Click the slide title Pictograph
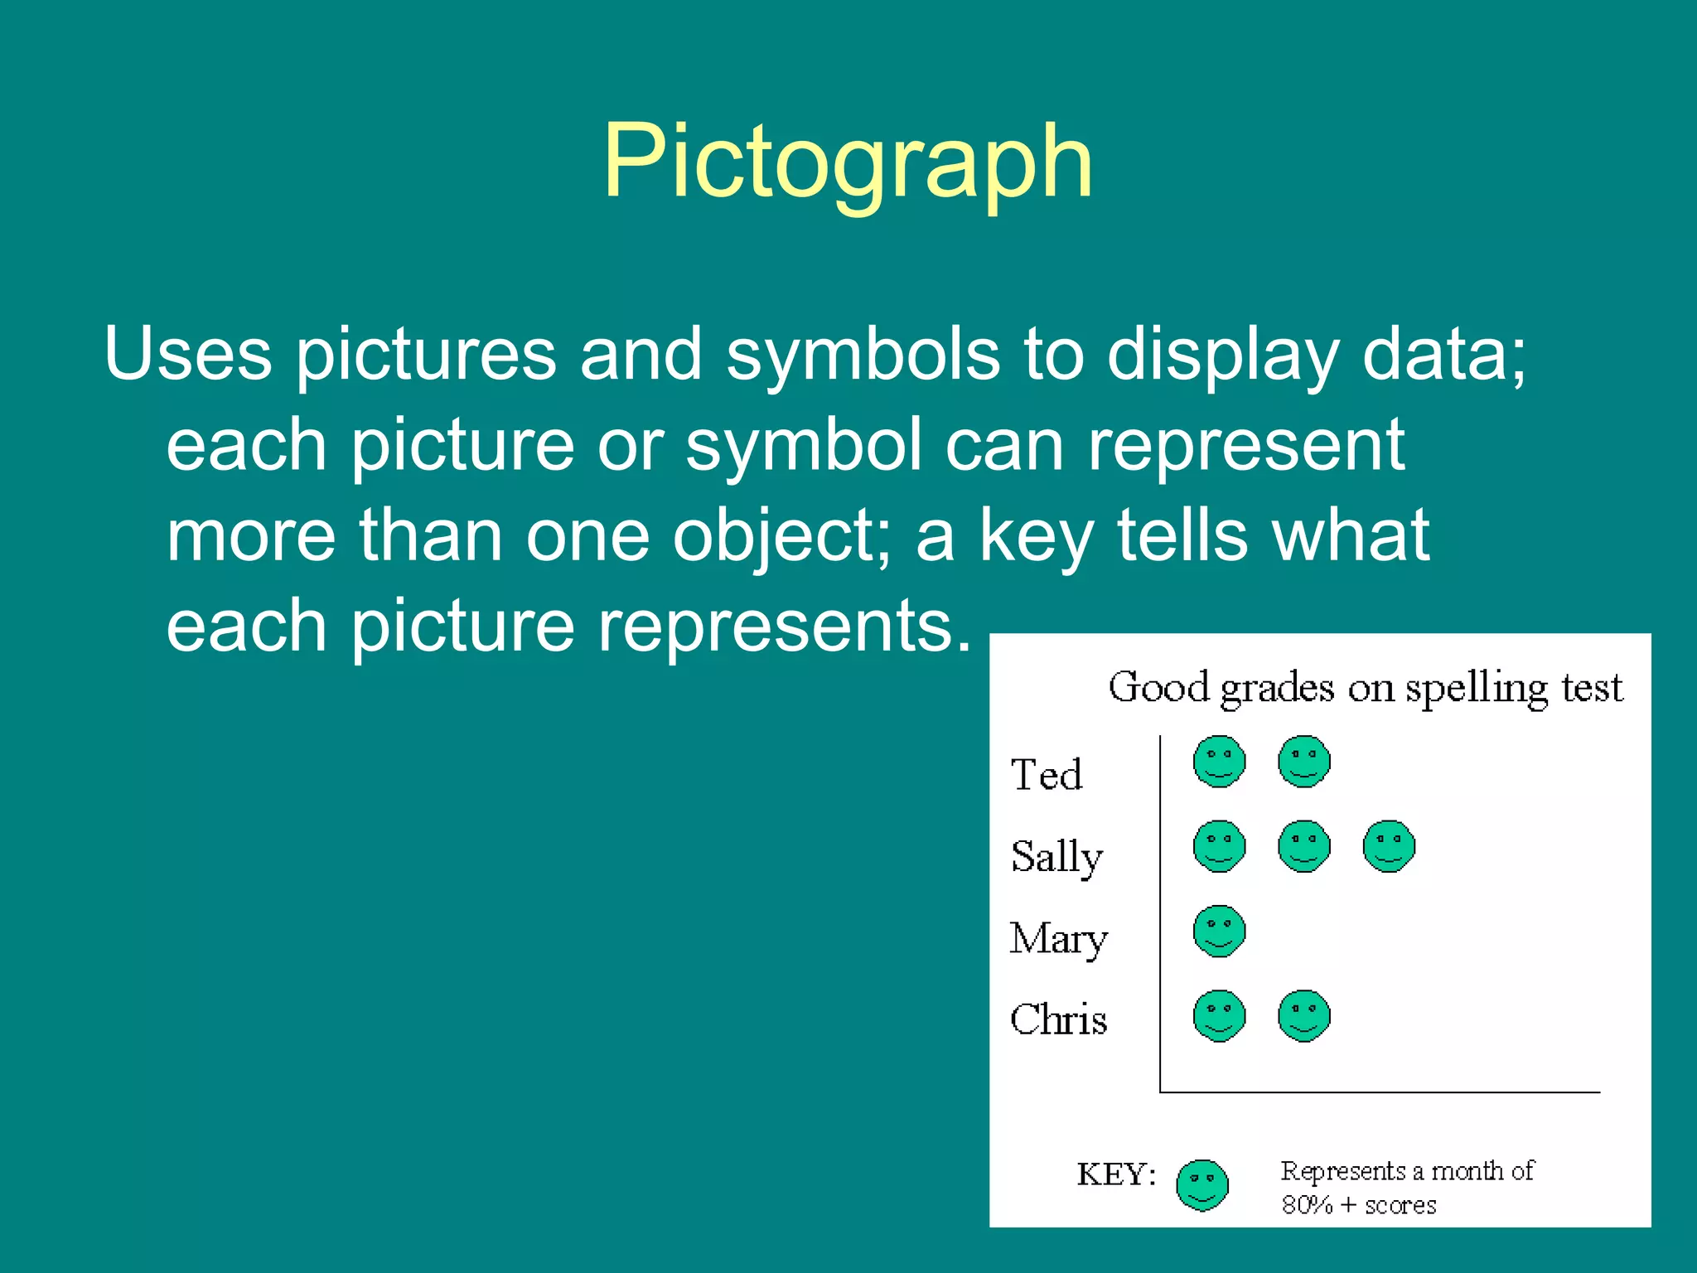(847, 162)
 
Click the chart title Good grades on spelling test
(1365, 688)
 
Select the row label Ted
(1047, 775)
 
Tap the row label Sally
(1056, 856)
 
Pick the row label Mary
(1058, 938)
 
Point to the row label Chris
(1058, 1019)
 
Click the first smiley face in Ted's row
(1219, 762)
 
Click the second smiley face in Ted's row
(1304, 762)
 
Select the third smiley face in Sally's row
(1389, 846)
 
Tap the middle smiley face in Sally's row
(1304, 846)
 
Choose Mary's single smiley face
(1219, 932)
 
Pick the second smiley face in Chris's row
(1304, 1015)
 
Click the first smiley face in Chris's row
(1219, 1015)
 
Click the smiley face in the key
(1201, 1185)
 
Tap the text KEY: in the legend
(1116, 1174)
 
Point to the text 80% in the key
(1307, 1205)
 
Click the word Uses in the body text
(188, 355)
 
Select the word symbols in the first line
(863, 355)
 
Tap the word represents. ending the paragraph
(784, 626)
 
